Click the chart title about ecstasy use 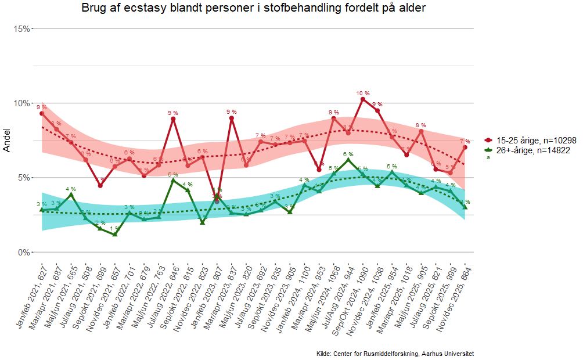(x=253, y=8)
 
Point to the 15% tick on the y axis (x=21, y=28)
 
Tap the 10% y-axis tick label (x=21, y=103)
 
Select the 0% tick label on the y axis (x=23, y=253)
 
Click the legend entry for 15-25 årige (x=531, y=141)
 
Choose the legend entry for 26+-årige (x=531, y=150)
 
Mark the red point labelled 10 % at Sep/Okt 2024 (x=363, y=99)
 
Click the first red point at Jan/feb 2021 (x=42, y=114)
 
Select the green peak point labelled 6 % (x=348, y=160)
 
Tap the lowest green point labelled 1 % (x=115, y=234)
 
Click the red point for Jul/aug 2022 (x=173, y=119)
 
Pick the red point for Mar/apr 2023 (x=232, y=118)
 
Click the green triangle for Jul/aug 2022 (x=173, y=180)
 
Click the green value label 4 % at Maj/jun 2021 (x=71, y=189)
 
